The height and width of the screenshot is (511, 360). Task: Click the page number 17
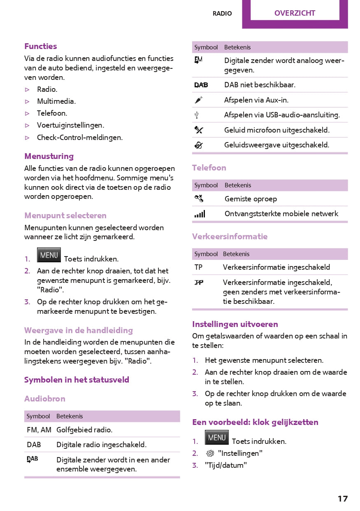tap(342, 499)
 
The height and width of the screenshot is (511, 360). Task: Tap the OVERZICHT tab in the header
tap(295, 13)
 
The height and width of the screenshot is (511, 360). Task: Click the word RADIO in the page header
tap(222, 14)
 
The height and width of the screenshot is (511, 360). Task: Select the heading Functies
tap(40, 46)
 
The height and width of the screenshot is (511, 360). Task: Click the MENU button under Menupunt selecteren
tap(49, 255)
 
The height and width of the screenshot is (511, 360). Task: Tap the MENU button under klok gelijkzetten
tap(217, 437)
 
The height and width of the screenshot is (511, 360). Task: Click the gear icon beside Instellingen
tap(210, 453)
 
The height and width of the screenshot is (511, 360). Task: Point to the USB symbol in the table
tap(197, 115)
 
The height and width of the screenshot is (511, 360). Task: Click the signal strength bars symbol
tap(200, 214)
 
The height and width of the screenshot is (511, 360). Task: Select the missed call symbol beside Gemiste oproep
tap(198, 199)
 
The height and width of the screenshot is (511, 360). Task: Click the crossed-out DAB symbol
tap(201, 85)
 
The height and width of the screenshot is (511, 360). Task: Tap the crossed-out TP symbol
tap(199, 282)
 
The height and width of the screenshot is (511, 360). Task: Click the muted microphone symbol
tap(198, 130)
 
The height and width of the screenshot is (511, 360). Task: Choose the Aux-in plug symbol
tap(198, 100)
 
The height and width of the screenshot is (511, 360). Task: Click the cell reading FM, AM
tap(39, 430)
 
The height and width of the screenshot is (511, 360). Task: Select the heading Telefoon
tap(209, 168)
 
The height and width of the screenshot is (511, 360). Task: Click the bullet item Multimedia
tap(56, 101)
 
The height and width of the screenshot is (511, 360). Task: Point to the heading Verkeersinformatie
tap(230, 236)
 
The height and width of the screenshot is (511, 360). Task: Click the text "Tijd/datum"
tap(226, 465)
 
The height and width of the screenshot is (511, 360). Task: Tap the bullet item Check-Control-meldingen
tap(80, 138)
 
